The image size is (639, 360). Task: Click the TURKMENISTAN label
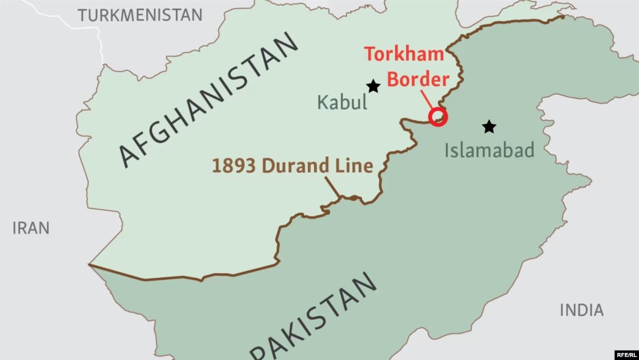(140, 15)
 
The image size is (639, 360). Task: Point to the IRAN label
(31, 228)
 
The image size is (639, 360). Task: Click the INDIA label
(582, 310)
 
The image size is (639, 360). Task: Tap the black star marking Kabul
(373, 86)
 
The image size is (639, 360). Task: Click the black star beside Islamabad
(489, 127)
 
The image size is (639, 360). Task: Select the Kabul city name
(342, 102)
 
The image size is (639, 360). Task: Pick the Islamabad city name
(489, 150)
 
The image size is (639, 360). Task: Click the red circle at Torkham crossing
(438, 117)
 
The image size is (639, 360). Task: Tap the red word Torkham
(404, 54)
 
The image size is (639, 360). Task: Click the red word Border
(418, 79)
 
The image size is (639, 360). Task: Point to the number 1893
(234, 166)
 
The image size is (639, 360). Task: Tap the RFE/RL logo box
(626, 354)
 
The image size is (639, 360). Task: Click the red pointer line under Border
(427, 98)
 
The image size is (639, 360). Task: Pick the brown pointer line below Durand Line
(333, 187)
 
